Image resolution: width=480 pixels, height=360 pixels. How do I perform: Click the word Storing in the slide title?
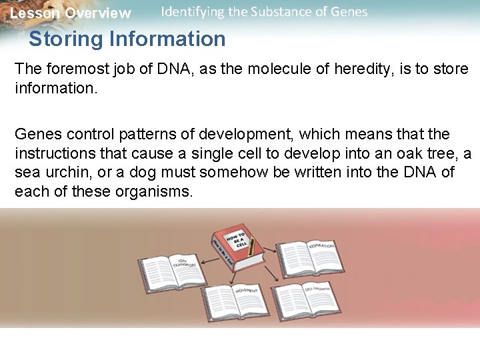click(x=67, y=39)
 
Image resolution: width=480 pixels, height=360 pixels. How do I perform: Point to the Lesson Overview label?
click(x=70, y=13)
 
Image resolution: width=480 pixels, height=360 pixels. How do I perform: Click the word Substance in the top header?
click(x=277, y=11)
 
